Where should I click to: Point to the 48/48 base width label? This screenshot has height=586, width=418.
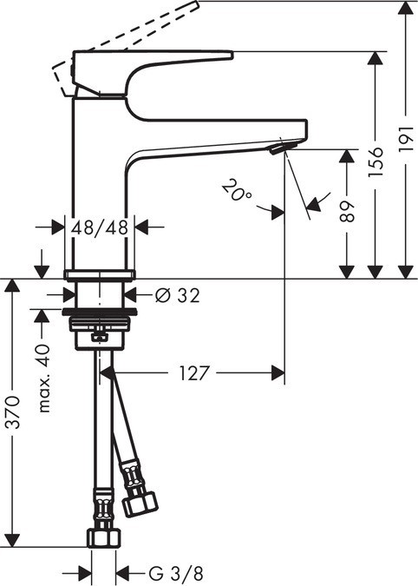click(100, 227)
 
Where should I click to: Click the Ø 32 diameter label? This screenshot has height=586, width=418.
click(177, 295)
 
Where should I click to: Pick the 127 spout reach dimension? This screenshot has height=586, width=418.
click(195, 374)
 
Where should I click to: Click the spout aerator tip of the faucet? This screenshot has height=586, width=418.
click(277, 150)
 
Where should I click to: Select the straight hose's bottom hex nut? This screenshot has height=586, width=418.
click(102, 535)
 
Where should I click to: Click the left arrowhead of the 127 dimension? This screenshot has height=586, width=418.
click(108, 374)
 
